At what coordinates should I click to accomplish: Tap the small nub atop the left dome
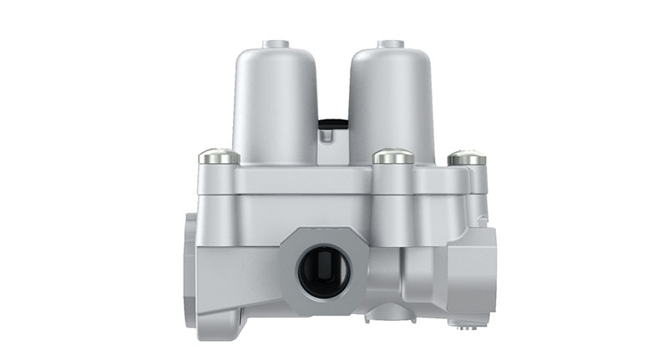(x=275, y=43)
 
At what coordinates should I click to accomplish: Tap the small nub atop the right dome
(x=390, y=43)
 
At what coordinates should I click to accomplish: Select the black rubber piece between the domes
(x=332, y=125)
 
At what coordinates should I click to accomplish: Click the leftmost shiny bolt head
(x=219, y=156)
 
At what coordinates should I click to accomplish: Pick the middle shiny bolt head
(x=392, y=156)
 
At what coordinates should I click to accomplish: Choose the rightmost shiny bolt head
(x=466, y=157)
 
